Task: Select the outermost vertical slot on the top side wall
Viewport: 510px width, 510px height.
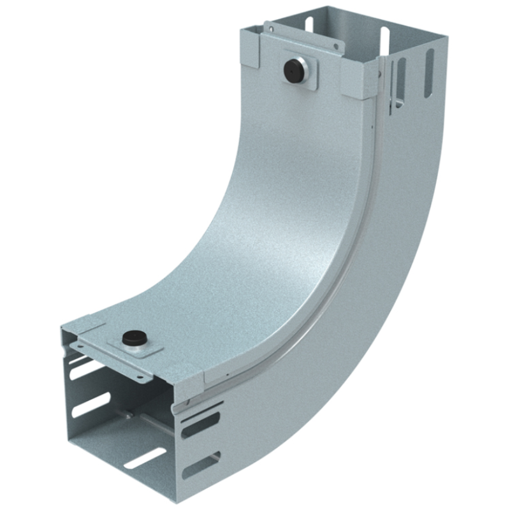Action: click(428, 65)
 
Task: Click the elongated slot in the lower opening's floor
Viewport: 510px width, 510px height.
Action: click(144, 458)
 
